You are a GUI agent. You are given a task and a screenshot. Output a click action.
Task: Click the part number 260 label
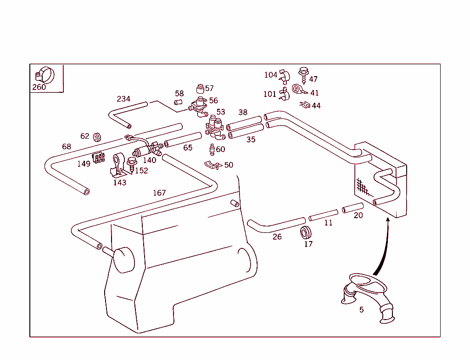tap(39, 87)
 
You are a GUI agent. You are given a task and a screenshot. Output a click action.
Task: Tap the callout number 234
tap(123, 99)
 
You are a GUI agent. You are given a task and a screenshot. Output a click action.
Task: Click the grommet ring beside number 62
tap(97, 137)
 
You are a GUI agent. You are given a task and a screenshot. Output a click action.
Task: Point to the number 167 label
tap(159, 193)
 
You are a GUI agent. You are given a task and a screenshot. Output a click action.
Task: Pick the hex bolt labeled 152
tap(131, 163)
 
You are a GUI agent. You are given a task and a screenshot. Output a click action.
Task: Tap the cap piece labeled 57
tap(200, 88)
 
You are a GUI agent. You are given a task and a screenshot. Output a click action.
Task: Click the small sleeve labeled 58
tap(179, 102)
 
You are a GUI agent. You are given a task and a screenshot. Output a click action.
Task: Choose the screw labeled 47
tap(303, 73)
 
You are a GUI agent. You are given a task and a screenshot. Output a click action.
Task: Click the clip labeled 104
tap(285, 75)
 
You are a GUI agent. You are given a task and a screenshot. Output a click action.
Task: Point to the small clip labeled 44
tap(304, 105)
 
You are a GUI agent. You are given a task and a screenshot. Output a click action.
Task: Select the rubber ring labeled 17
tap(306, 232)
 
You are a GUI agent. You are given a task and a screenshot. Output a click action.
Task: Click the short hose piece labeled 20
tap(352, 208)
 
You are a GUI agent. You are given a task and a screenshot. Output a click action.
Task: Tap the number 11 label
tap(328, 223)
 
